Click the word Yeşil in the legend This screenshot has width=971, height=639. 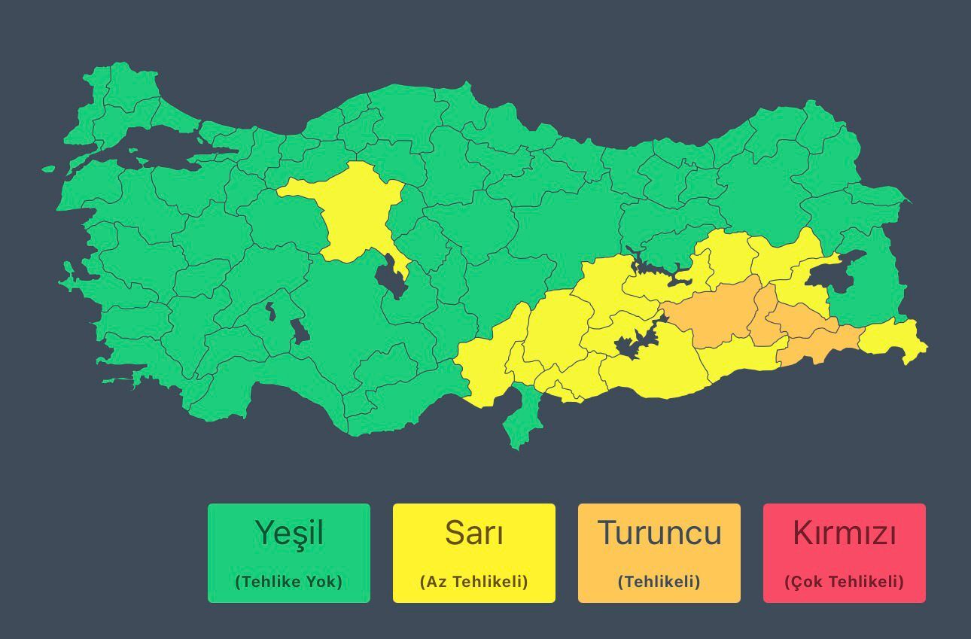(x=289, y=533)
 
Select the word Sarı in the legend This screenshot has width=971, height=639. (x=474, y=533)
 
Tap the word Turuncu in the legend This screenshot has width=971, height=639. (x=659, y=533)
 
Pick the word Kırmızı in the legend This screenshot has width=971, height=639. (x=845, y=533)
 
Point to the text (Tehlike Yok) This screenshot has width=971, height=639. (x=289, y=582)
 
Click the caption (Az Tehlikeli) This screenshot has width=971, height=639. (x=474, y=582)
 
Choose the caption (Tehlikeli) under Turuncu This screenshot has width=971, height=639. (x=659, y=582)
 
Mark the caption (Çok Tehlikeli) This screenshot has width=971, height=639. (x=845, y=582)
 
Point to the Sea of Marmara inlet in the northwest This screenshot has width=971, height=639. (x=151, y=143)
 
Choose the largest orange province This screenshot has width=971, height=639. (x=715, y=312)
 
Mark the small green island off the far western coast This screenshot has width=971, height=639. (x=49, y=169)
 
